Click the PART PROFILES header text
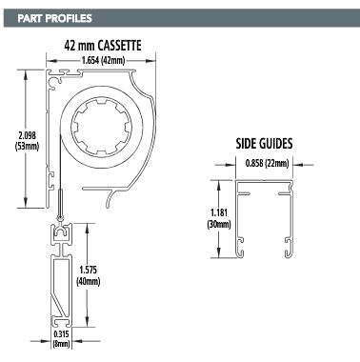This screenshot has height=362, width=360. click(54, 18)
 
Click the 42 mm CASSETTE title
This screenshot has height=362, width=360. click(103, 46)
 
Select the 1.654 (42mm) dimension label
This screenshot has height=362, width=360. click(103, 60)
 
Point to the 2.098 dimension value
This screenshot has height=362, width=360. click(28, 135)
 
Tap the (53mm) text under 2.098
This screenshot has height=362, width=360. click(28, 147)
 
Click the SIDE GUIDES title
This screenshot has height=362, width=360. click(264, 144)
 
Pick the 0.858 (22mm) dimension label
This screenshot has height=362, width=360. click(267, 164)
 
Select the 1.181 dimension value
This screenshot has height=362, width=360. click(219, 211)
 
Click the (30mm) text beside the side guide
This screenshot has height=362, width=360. click(219, 224)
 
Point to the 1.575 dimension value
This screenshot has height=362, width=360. click(89, 270)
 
